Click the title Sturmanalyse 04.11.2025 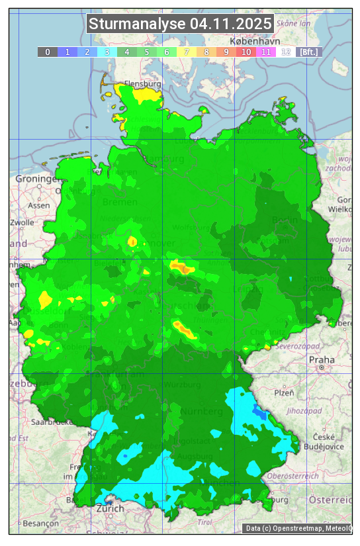180,24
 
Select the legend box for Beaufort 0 47,52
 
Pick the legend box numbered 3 107,52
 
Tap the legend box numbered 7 187,52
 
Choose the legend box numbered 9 226,52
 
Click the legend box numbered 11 266,52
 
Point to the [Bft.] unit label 308,52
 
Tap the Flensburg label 142,85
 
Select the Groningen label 36,179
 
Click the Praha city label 322,359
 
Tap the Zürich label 110,509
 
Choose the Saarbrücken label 52,422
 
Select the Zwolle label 22,222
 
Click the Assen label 39,206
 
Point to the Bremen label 120,202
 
